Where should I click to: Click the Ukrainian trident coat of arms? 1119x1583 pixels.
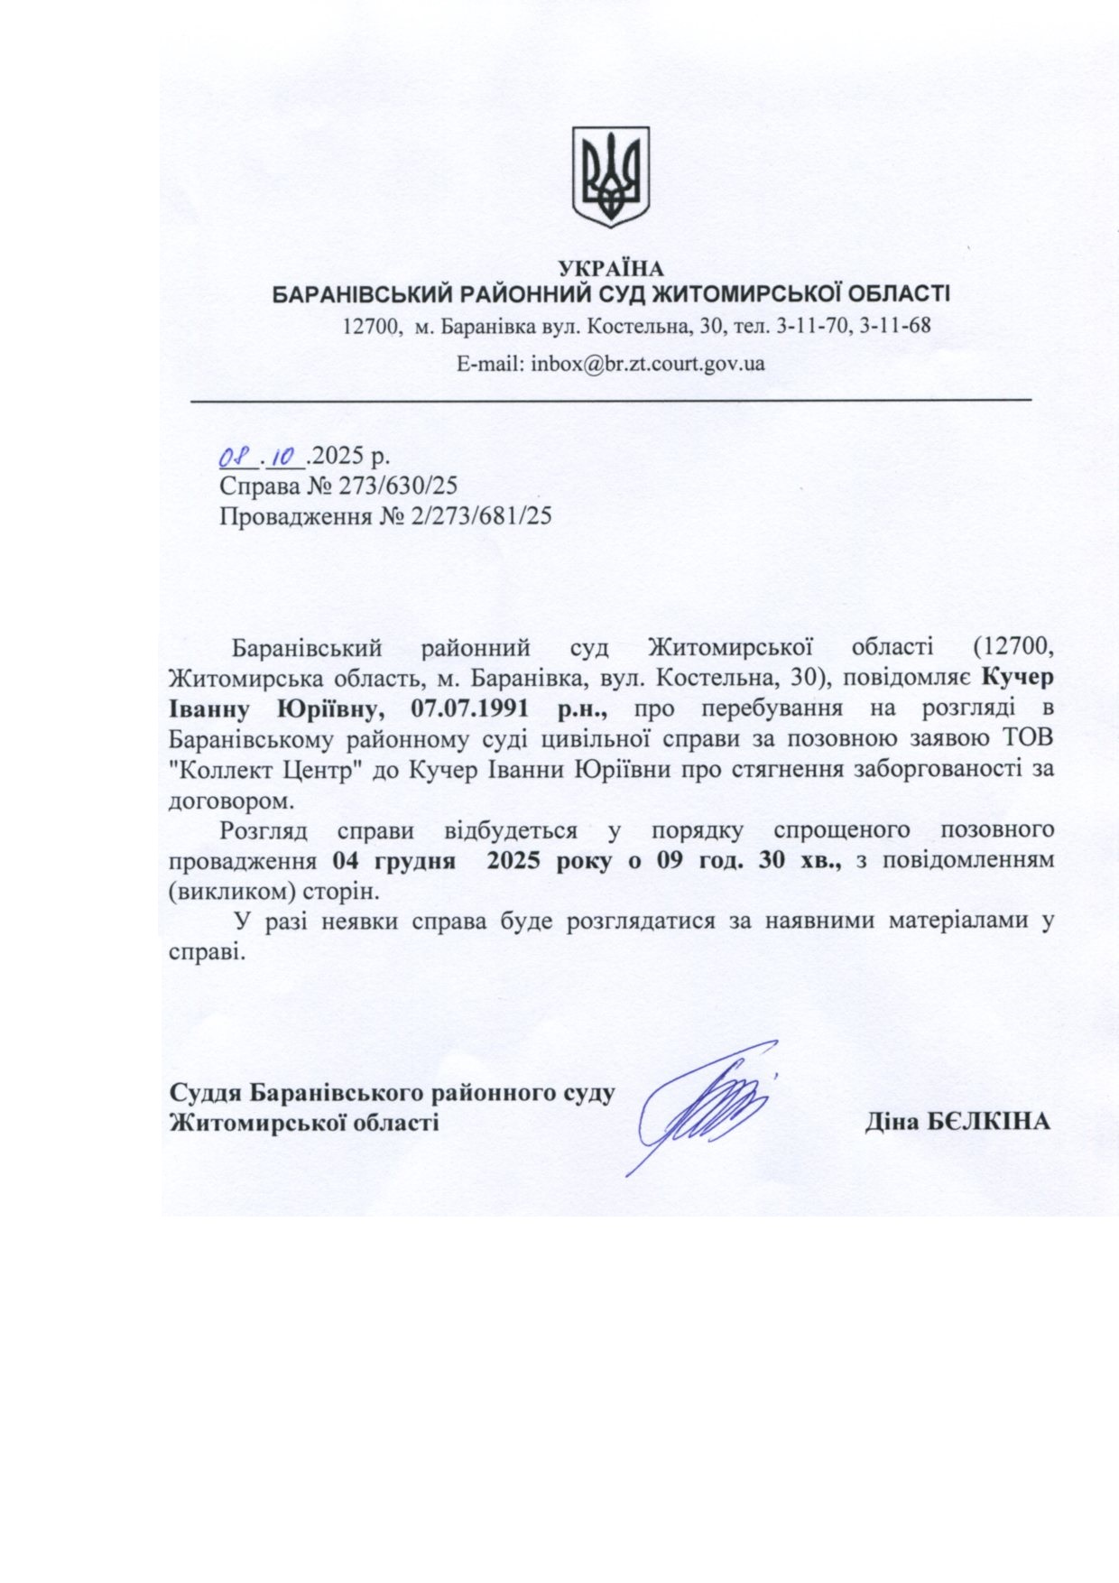pos(611,176)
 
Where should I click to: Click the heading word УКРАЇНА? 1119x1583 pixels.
pos(611,268)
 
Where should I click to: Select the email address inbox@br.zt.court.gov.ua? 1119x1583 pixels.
pos(648,364)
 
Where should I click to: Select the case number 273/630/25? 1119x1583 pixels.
pos(398,486)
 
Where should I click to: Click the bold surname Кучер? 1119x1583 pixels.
pos(1016,677)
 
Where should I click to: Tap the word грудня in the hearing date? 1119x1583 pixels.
pos(415,860)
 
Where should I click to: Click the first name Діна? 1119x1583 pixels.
pos(892,1122)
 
